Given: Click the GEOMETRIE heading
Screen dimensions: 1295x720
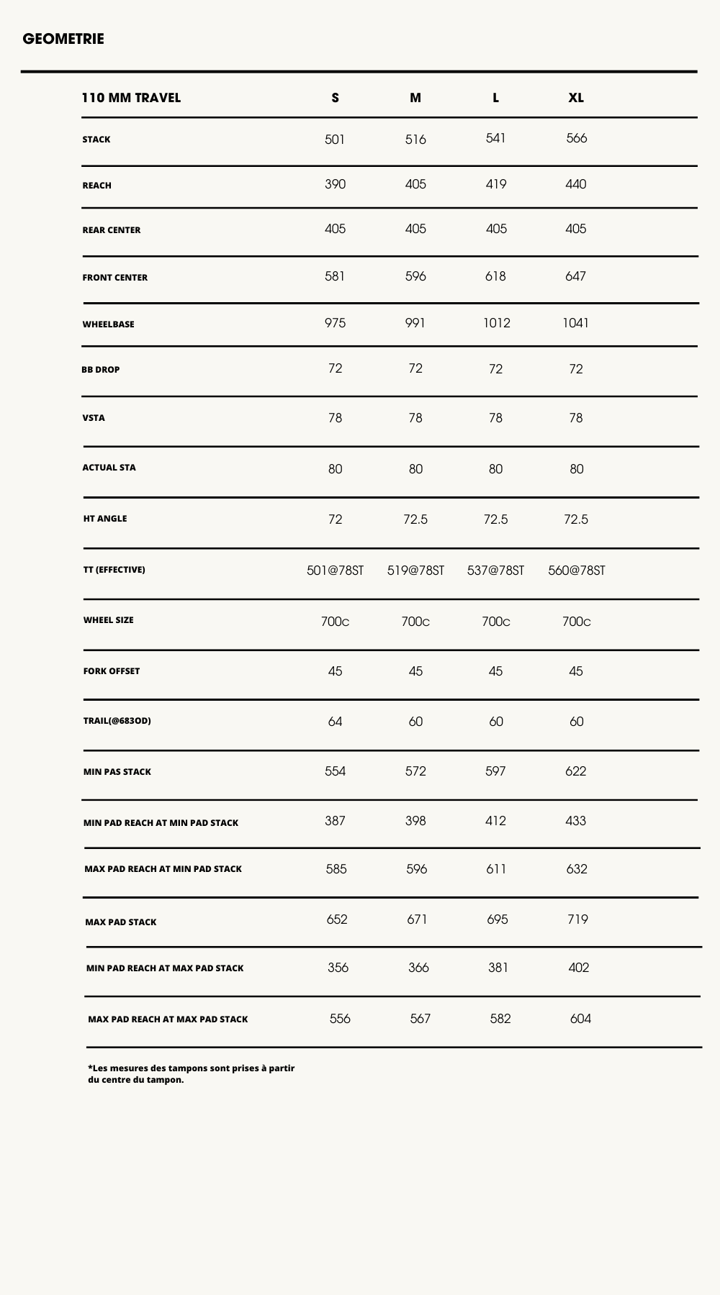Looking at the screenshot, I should pos(63,39).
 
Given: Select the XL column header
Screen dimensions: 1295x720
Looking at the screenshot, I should pos(576,98).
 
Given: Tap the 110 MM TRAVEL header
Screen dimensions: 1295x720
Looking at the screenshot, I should pos(131,98).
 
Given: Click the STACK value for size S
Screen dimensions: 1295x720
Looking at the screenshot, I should pos(335,140).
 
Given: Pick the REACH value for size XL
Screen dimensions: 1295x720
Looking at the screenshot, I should pos(576,184).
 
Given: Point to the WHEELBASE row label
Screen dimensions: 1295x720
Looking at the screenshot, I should pos(108,324).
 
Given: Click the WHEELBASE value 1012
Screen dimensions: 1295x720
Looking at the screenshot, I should pos(497,323).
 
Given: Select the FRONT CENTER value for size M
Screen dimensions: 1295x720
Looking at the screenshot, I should pos(415,276).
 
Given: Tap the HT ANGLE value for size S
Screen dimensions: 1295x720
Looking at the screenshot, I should pos(335,519).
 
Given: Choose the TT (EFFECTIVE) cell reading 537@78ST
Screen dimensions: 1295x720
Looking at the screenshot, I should pos(495,571).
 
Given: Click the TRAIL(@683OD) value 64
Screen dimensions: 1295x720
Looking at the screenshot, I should pos(335,722).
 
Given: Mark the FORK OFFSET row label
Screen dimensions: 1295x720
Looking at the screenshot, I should pos(112,671).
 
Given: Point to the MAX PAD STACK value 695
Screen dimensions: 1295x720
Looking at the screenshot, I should pos(498,919).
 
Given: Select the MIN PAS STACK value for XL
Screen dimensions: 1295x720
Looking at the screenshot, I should pos(576,771).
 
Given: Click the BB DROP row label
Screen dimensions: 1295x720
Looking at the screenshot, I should pos(101,370).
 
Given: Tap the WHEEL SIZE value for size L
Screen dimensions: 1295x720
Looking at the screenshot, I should pos(496,622).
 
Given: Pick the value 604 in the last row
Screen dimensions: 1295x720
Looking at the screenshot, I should pos(580,1019).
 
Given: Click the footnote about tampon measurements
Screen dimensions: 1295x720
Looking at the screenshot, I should pos(191,1073).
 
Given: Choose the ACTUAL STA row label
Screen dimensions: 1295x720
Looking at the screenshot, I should pos(109,468).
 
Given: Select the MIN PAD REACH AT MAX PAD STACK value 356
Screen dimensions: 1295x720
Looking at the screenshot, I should pos(338,968).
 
